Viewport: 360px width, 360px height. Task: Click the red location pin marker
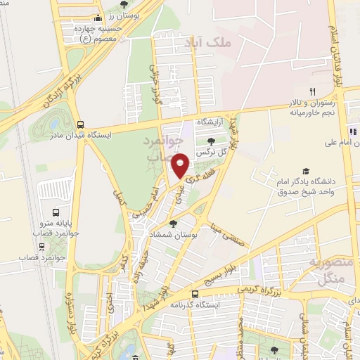(181, 166)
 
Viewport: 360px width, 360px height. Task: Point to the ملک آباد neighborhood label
(207, 44)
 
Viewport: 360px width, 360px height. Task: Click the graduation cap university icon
(306, 171)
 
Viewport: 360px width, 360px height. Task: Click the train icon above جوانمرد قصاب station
(43, 246)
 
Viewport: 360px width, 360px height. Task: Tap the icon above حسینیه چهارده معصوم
(98, 19)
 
